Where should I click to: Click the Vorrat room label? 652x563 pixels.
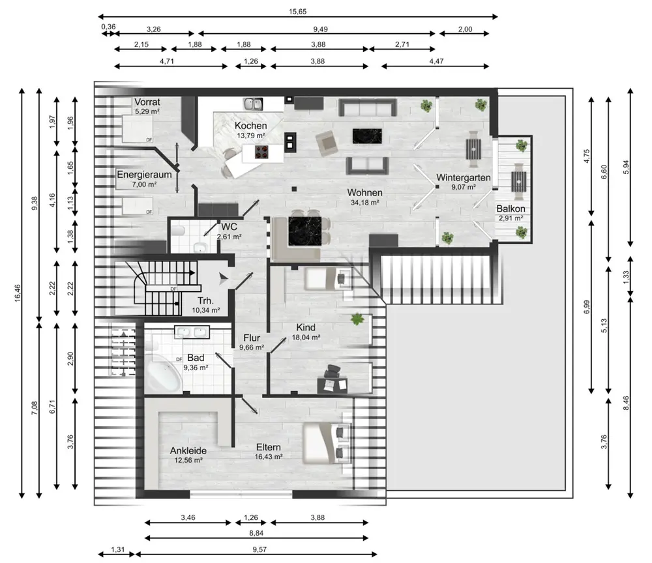coord(147,102)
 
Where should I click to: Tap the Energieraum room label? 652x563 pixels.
coord(144,175)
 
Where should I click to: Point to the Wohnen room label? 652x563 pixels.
coord(364,192)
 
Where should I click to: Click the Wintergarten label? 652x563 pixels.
coord(463,177)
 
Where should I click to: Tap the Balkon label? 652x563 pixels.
coord(511,209)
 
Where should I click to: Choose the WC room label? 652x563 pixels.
coord(229,227)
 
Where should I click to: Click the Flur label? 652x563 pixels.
coord(252,338)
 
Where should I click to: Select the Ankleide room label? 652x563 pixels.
coord(188,450)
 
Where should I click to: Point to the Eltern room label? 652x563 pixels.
coord(268,447)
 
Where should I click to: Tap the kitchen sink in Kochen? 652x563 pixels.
coord(253,104)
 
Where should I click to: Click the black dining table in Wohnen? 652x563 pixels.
coord(304,231)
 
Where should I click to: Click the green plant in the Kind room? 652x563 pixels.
coord(357,319)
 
